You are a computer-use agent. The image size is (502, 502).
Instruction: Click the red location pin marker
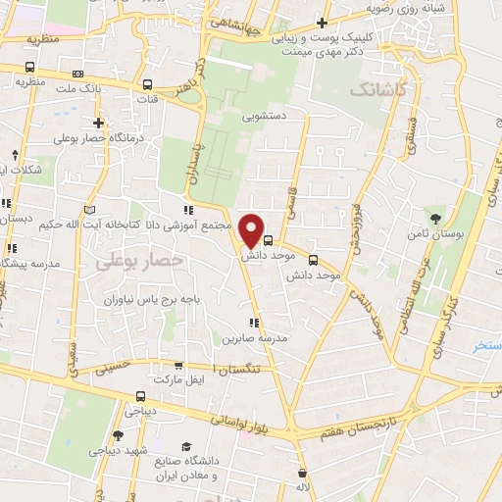point(252,230)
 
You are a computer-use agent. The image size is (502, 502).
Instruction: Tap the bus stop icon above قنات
point(148,84)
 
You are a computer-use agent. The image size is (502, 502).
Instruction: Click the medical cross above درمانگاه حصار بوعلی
point(98,123)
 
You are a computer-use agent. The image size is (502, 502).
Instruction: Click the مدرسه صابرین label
point(257,338)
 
